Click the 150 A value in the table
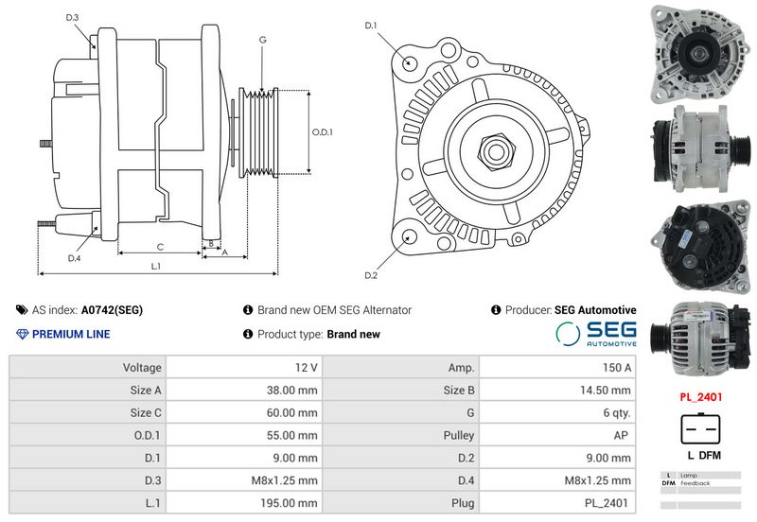(x=617, y=368)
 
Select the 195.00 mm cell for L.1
(x=289, y=503)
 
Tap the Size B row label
(x=459, y=391)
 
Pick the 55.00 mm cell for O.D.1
(x=291, y=435)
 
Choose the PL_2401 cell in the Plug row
(x=607, y=503)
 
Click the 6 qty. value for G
(x=617, y=413)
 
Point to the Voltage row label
(x=142, y=368)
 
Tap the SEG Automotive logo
(x=596, y=334)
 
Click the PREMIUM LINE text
(x=71, y=334)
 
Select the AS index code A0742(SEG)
(x=112, y=310)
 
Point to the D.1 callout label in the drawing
(x=370, y=26)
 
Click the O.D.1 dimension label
(x=322, y=131)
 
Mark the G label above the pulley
(x=263, y=40)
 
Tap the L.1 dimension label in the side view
(x=155, y=266)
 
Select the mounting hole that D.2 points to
(x=410, y=238)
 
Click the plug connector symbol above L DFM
(x=700, y=428)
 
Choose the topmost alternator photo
(x=700, y=53)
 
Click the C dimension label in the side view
(x=160, y=247)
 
